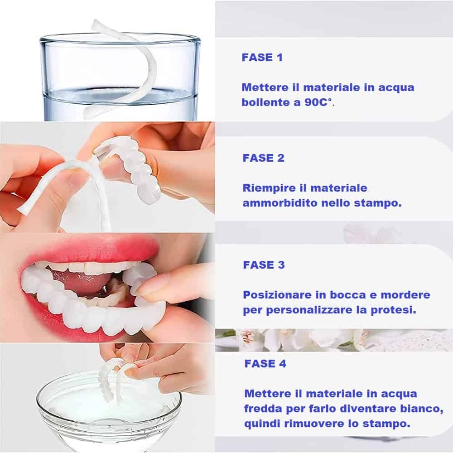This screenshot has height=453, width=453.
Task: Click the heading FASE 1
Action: tap(262, 58)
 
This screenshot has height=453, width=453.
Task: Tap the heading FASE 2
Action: tap(264, 158)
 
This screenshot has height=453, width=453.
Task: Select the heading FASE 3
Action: tap(264, 265)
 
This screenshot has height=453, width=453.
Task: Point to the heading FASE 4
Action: tap(265, 363)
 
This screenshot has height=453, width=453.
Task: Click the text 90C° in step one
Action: tap(319, 102)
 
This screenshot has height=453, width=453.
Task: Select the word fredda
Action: tap(263, 409)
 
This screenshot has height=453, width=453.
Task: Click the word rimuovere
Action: tap(314, 424)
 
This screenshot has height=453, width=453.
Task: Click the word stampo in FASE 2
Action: tap(378, 203)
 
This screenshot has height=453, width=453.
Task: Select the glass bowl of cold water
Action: tap(109, 410)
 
